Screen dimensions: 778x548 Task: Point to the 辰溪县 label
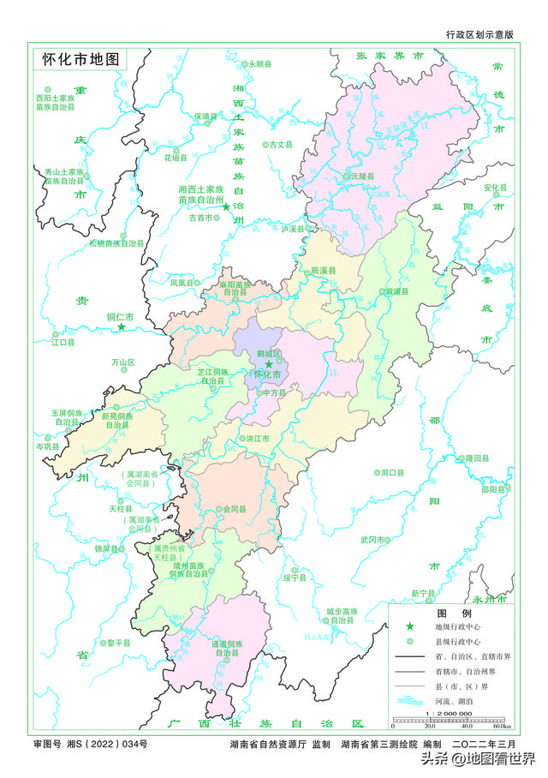323,270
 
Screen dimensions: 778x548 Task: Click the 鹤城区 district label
268,353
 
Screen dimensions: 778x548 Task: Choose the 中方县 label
272,392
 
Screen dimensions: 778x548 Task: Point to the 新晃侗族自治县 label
116,421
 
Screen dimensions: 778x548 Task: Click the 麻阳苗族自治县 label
235,288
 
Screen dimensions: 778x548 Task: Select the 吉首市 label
200,218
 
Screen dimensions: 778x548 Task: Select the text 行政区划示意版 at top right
479,35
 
